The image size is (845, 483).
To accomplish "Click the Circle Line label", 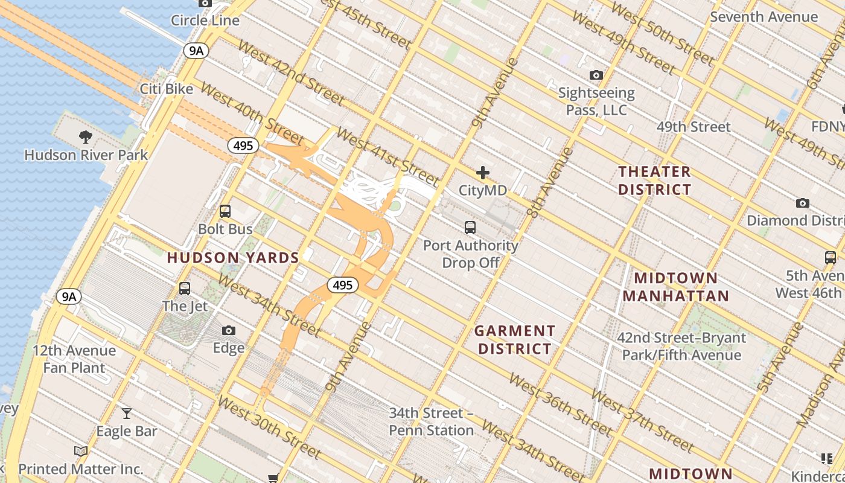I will (x=205, y=21).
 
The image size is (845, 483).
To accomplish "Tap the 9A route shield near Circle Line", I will (x=196, y=51).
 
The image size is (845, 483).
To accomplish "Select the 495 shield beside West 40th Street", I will (x=243, y=146).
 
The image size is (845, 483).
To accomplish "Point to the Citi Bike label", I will (x=167, y=89).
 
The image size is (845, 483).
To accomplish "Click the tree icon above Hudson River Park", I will (x=86, y=137).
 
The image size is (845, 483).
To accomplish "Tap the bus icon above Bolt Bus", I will (x=225, y=211).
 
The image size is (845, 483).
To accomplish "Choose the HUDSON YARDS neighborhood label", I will (x=233, y=258).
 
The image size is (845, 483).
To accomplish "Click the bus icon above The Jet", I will (x=185, y=289).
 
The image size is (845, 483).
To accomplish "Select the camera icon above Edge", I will (x=229, y=330).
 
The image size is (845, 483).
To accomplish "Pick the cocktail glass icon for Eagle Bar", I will (x=127, y=414).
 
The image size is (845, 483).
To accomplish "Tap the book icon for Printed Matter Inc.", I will (x=81, y=451).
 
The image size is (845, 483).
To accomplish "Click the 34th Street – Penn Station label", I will (x=431, y=422).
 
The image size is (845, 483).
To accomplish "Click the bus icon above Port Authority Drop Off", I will (x=470, y=228).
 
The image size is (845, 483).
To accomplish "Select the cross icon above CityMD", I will (x=483, y=173).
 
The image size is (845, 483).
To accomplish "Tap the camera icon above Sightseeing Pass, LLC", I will (x=596, y=75).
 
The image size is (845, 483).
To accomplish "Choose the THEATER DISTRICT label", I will (x=654, y=181).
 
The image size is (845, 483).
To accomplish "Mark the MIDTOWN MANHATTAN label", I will (x=676, y=287).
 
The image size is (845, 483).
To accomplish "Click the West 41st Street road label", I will (x=387, y=156).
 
